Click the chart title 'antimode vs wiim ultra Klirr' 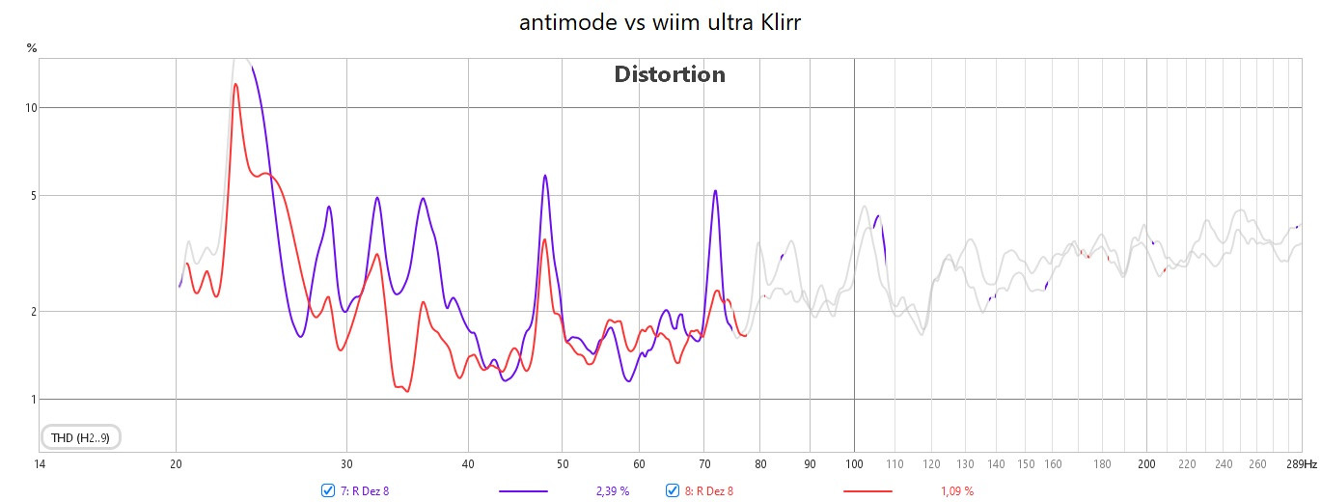660,23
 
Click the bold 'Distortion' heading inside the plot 670,74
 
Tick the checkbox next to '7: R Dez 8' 328,490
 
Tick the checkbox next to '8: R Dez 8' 673,490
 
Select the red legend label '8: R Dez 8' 709,491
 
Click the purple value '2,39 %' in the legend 612,491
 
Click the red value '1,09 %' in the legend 956,491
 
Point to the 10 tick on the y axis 31,107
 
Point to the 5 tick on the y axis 32,196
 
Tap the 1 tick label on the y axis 32,400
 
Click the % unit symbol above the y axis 32,46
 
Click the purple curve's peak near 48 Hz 545,176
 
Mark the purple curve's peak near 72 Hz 715,191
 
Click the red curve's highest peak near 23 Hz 235,84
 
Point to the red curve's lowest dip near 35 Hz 406,391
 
